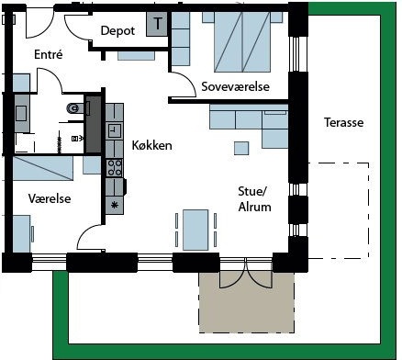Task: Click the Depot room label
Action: point(117,30)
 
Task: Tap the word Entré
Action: point(49,54)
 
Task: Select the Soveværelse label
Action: point(235,86)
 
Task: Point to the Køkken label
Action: point(151,145)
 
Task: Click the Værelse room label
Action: point(50,198)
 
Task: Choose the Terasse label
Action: point(344,122)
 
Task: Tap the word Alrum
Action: point(254,207)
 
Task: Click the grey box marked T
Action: point(157,24)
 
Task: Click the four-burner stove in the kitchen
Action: point(115,168)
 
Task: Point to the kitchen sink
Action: point(115,130)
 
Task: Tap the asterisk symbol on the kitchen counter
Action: point(115,205)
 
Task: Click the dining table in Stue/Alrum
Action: point(195,230)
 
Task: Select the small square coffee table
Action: point(241,149)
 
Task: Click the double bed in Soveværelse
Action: point(242,42)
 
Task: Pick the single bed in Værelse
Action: point(43,168)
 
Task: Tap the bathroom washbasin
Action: point(21,113)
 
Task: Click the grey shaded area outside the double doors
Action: point(247,302)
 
